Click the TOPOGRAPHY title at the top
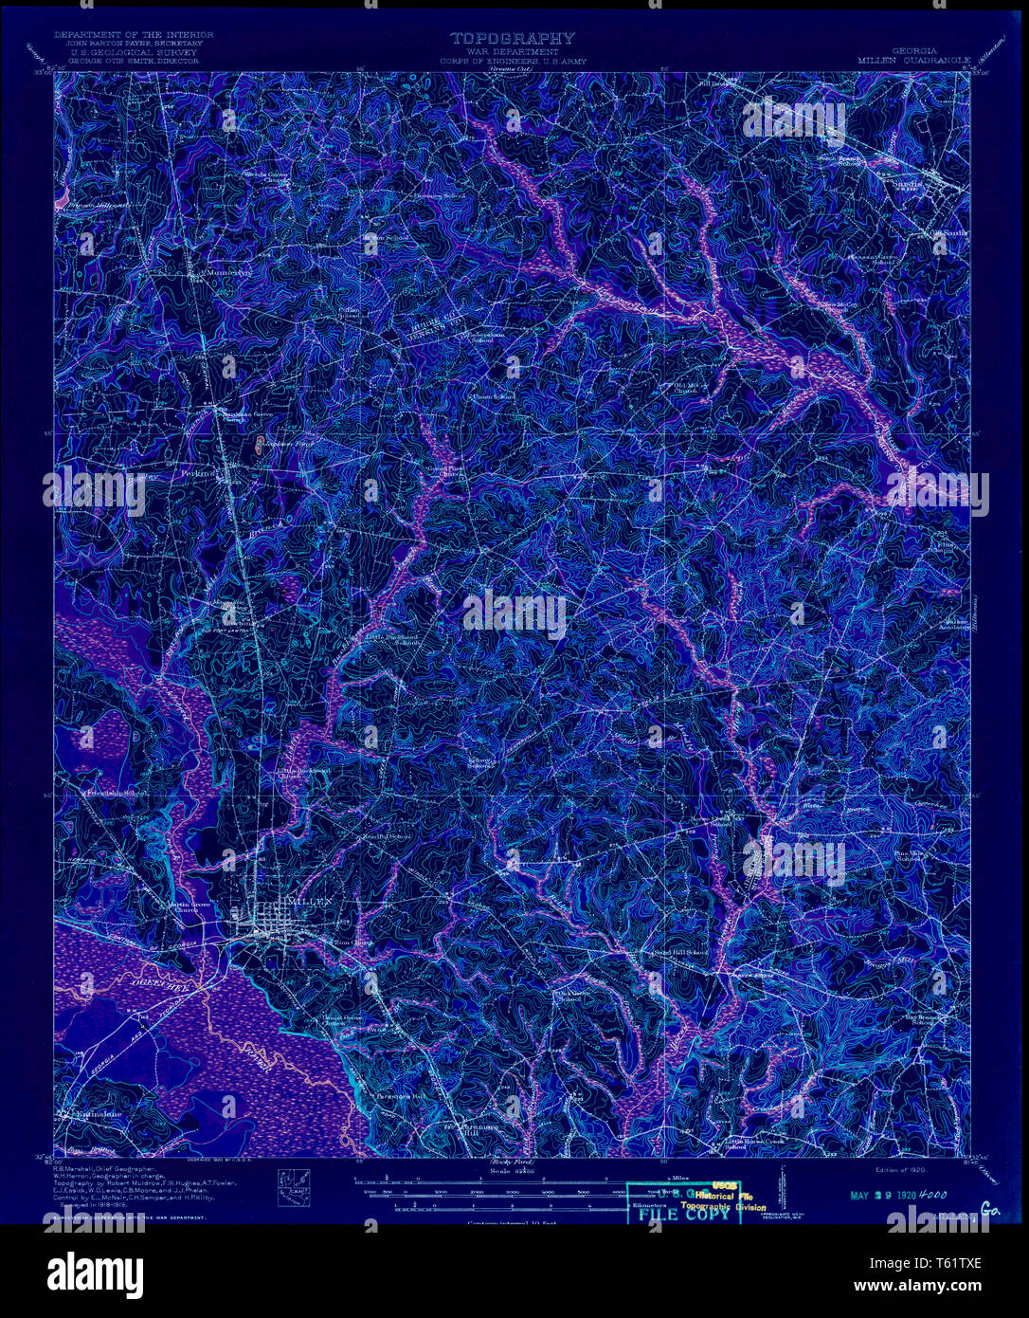[512, 39]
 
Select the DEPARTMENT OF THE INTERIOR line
[134, 35]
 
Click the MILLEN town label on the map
[307, 901]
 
